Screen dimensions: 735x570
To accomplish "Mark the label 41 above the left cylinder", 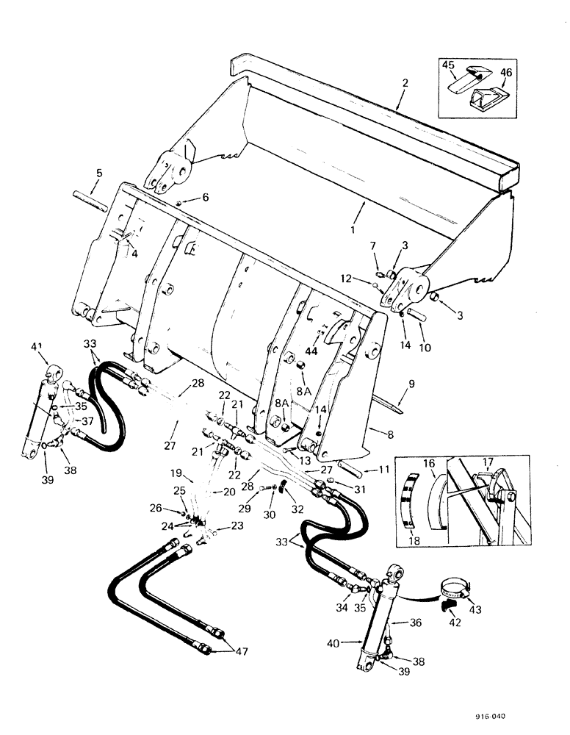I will click(x=37, y=347).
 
